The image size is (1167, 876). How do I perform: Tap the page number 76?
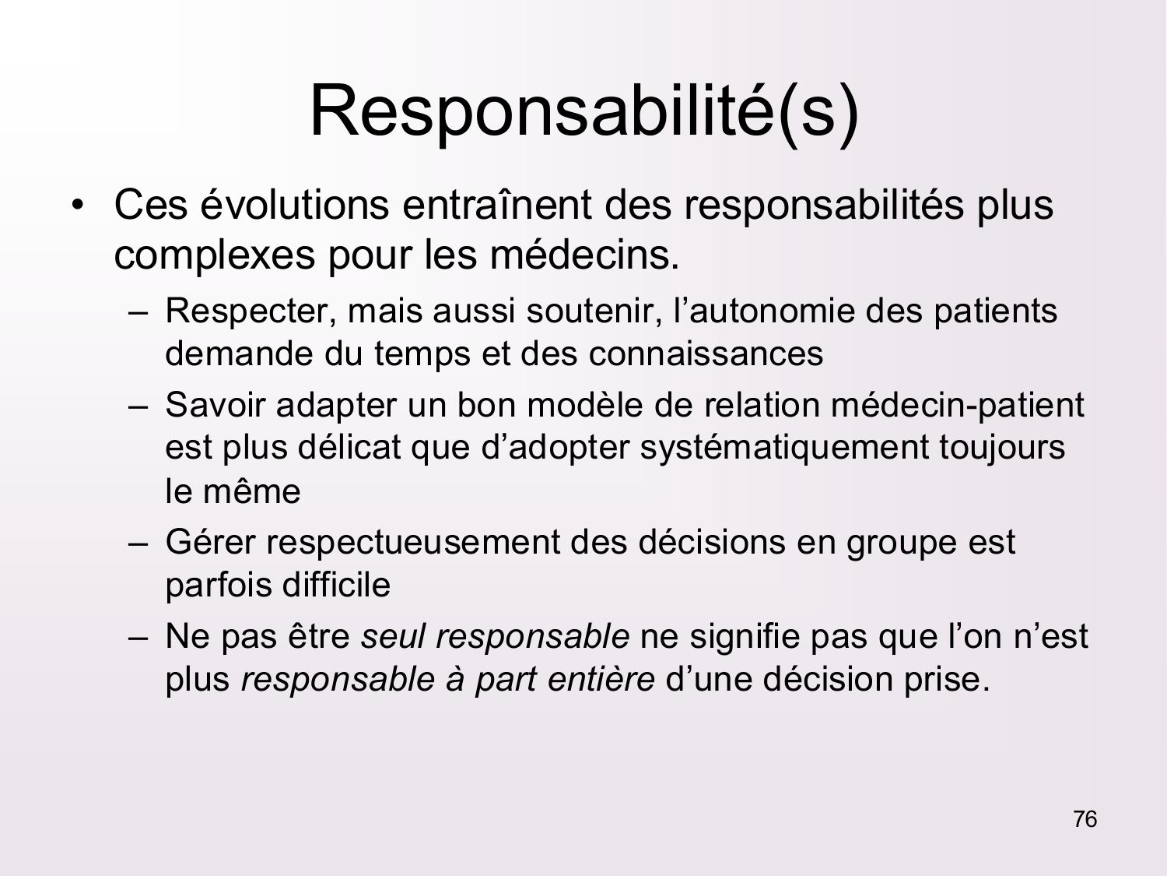(x=1085, y=819)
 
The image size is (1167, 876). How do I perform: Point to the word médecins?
(x=583, y=255)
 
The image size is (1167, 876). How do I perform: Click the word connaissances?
(x=706, y=354)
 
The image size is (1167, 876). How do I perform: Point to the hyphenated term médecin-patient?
(x=957, y=405)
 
